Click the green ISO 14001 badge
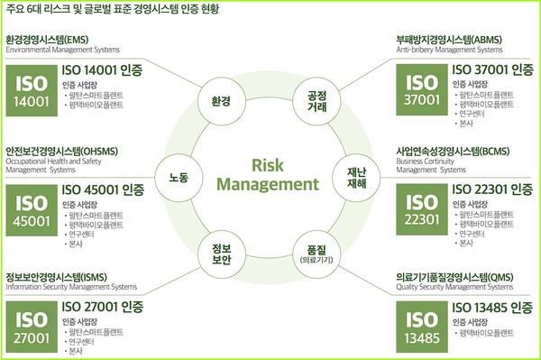(x=32, y=90)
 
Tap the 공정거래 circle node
(x=316, y=99)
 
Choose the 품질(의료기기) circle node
(x=316, y=254)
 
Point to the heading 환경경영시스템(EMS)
(x=55, y=41)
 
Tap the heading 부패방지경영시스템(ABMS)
(x=446, y=41)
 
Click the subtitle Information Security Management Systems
(x=71, y=288)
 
